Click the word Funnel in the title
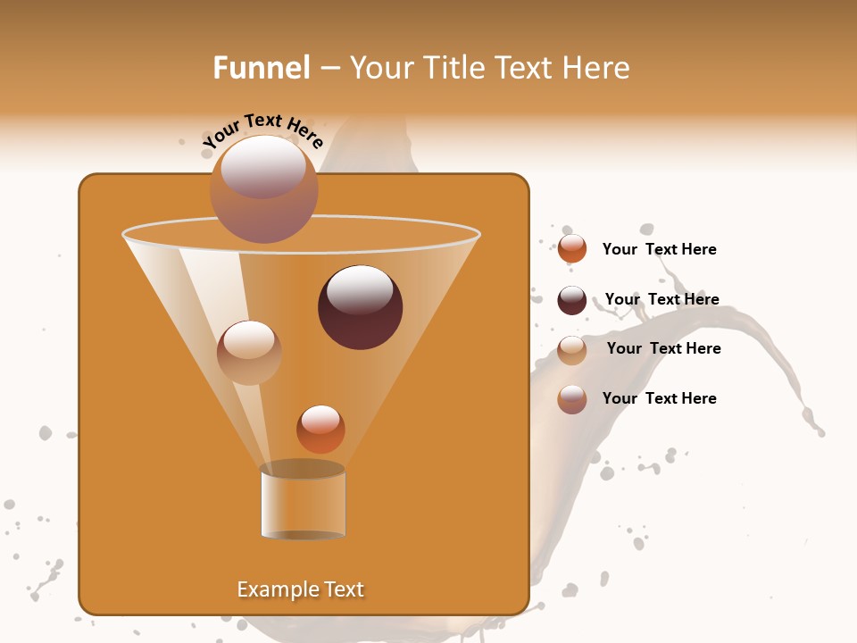click(x=262, y=68)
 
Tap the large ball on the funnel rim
click(x=263, y=188)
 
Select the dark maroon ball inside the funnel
click(x=360, y=308)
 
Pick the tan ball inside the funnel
click(x=249, y=353)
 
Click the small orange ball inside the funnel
click(x=320, y=430)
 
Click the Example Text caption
click(x=301, y=589)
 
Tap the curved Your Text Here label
click(x=262, y=130)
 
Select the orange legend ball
click(x=572, y=249)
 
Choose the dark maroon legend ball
click(x=572, y=300)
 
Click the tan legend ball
click(x=572, y=350)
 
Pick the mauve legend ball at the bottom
click(x=572, y=399)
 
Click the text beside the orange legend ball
click(x=659, y=249)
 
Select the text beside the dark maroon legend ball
click(x=661, y=299)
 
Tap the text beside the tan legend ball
click(x=663, y=348)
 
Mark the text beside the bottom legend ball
click(x=659, y=398)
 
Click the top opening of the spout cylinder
click(x=303, y=469)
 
